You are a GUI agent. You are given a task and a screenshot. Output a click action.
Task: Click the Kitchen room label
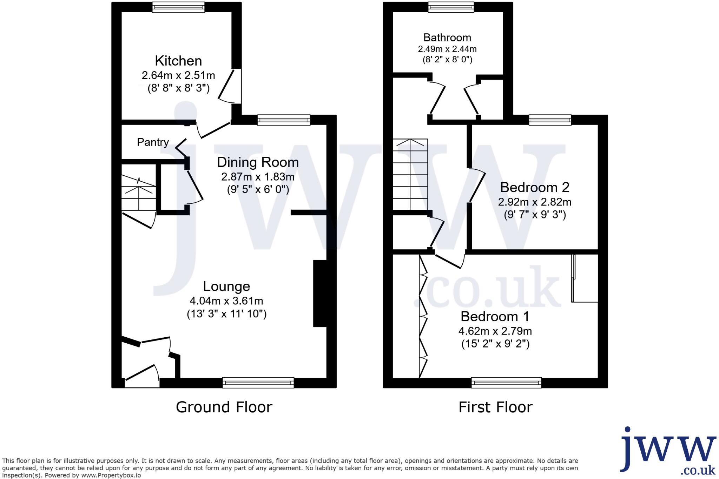click(x=178, y=61)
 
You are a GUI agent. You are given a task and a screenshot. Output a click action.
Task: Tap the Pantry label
click(x=153, y=142)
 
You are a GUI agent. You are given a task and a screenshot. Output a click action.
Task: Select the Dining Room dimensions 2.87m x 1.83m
click(x=258, y=177)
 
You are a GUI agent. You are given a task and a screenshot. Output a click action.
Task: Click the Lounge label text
click(x=226, y=286)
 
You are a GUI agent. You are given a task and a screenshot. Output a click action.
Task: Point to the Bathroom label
click(x=447, y=38)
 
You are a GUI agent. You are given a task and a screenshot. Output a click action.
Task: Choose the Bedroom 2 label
click(x=534, y=187)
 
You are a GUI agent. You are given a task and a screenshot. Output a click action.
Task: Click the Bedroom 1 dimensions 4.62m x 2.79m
click(x=495, y=331)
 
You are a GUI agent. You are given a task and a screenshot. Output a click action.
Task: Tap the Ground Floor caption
click(x=224, y=407)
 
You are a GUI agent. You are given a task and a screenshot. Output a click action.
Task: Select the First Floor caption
click(x=495, y=407)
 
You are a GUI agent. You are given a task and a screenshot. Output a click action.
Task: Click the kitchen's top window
click(x=178, y=7)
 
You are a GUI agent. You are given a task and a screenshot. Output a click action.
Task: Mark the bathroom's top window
click(x=451, y=7)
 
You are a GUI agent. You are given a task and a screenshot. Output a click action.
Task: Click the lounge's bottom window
click(x=258, y=383)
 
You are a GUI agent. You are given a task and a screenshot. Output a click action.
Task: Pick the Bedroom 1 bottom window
click(x=506, y=383)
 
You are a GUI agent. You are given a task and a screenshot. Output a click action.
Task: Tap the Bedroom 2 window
click(x=550, y=120)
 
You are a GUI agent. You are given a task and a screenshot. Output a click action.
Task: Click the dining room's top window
click(x=284, y=120)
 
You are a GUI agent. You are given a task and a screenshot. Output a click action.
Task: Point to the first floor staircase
click(x=410, y=174)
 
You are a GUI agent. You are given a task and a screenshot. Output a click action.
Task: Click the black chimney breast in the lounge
click(x=319, y=294)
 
